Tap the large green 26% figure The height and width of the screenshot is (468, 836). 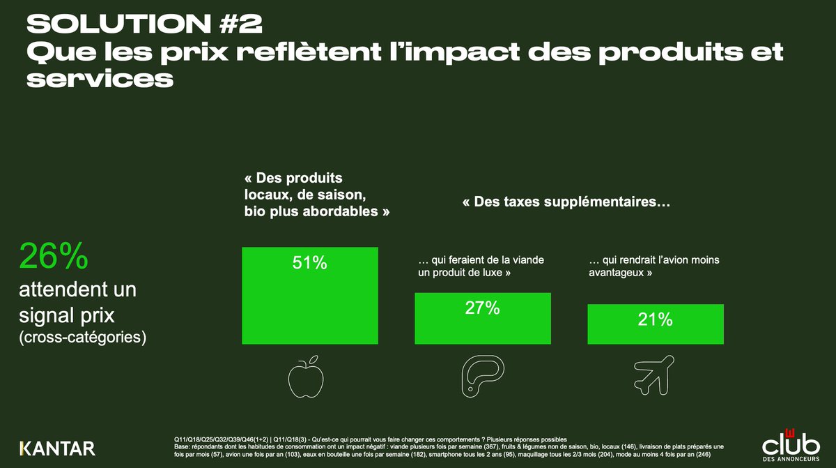[x=54, y=257]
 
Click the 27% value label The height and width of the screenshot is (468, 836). [x=482, y=308]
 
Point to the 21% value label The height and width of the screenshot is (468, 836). [x=655, y=319]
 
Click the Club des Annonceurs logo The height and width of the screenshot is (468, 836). [x=791, y=443]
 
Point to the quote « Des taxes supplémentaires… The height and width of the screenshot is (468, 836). [x=566, y=203]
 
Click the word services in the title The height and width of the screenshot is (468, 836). [x=99, y=79]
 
